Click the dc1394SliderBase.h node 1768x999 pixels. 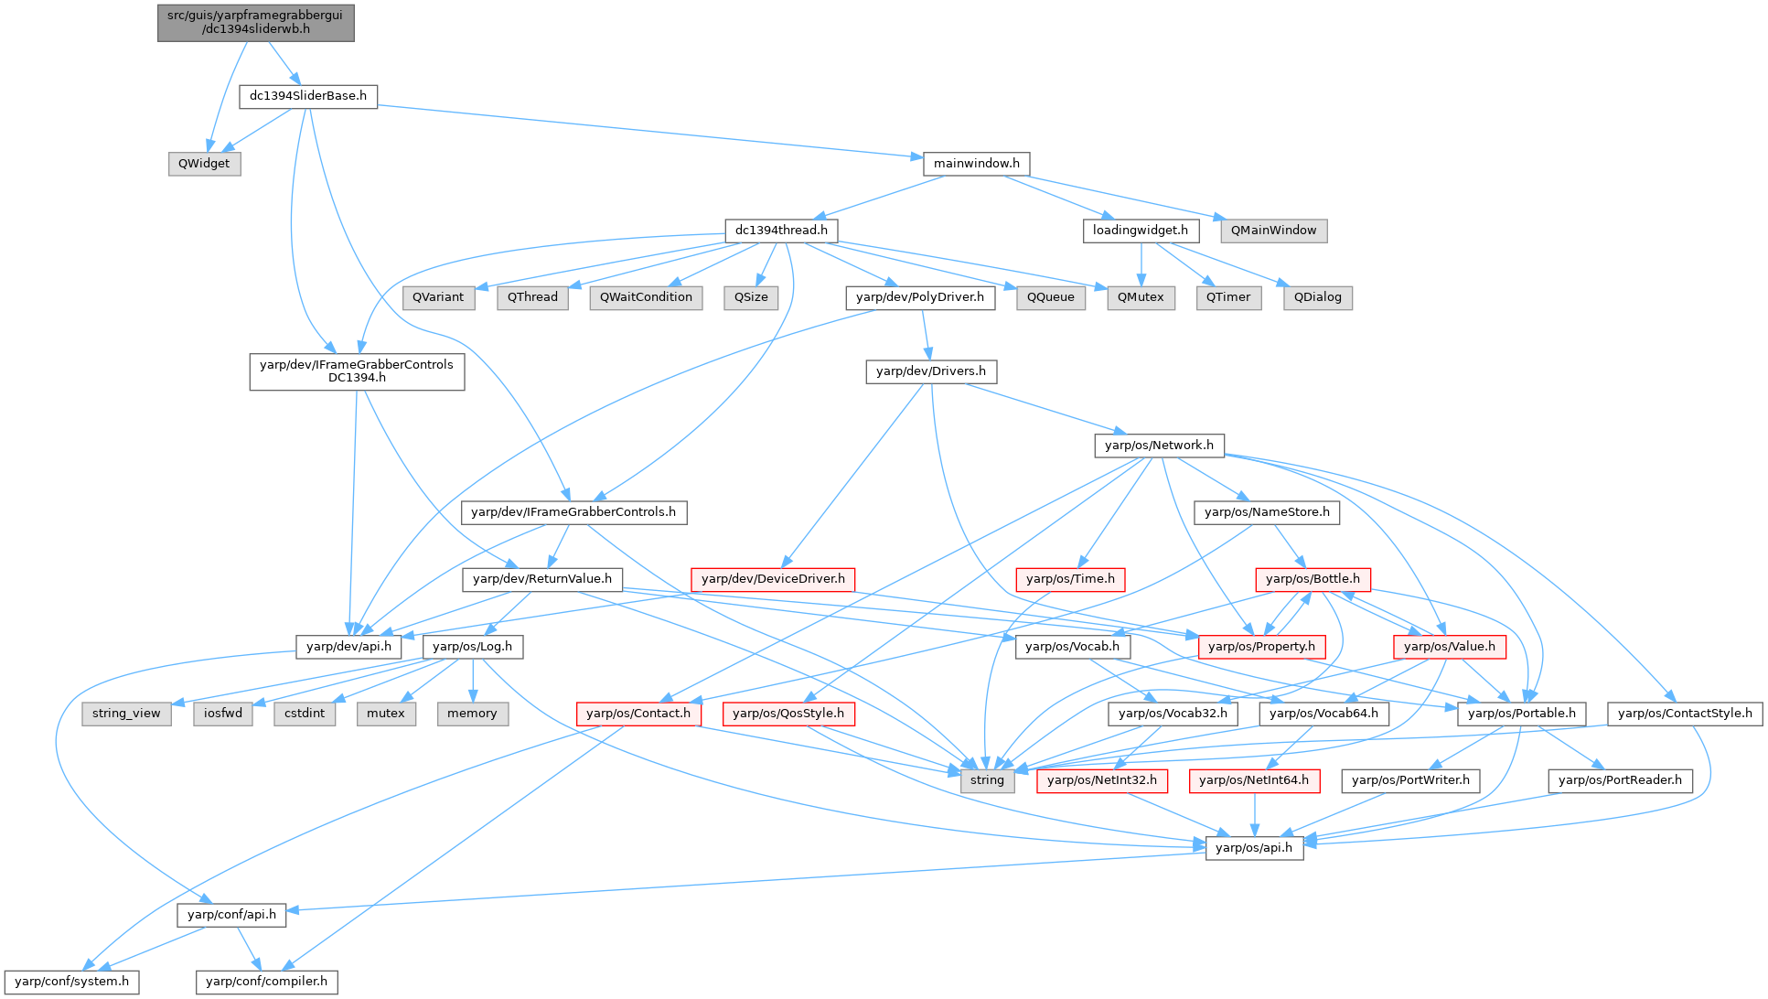[x=308, y=96]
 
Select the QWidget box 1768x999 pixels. [x=204, y=164]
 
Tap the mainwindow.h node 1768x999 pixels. [x=976, y=164]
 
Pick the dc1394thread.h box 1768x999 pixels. [x=781, y=231]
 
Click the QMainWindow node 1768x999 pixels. [x=1273, y=231]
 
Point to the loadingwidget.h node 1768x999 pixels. [x=1140, y=231]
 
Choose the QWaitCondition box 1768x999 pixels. [x=646, y=297]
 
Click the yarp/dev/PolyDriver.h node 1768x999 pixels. [x=920, y=297]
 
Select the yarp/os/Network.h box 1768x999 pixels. [x=1159, y=446]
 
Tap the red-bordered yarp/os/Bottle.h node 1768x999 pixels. [x=1313, y=579]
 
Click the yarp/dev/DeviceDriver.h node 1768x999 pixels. [x=773, y=579]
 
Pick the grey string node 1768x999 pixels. [x=987, y=780]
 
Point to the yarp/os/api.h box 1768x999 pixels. [x=1254, y=848]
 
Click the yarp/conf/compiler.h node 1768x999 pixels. [x=266, y=982]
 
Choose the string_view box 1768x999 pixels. [x=126, y=714]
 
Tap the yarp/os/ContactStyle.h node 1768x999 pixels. [x=1685, y=714]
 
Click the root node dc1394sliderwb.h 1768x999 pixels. [x=256, y=22]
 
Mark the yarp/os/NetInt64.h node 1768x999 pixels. [x=1253, y=780]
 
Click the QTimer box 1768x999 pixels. [x=1228, y=297]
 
